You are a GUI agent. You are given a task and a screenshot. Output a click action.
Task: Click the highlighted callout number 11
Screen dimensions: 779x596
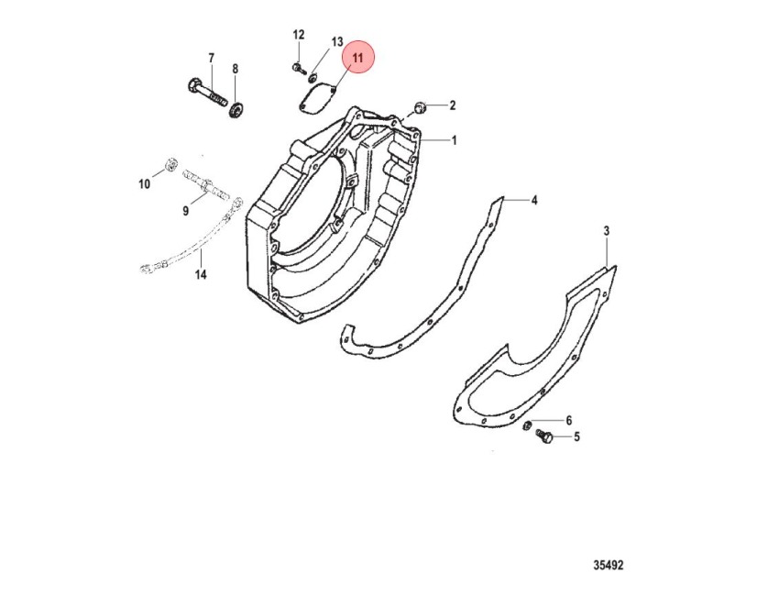[357, 57]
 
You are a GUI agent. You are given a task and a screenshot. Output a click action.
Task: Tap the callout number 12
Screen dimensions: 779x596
[298, 35]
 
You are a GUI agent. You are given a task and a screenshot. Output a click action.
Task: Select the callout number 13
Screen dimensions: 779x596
[337, 41]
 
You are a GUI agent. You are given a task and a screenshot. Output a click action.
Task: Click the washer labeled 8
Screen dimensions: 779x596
[236, 109]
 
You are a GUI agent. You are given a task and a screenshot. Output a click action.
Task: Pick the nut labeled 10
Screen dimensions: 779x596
[170, 164]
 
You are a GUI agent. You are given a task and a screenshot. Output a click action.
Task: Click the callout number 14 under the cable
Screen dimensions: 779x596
[200, 274]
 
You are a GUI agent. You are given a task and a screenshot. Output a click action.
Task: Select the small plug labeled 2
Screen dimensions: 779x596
[421, 107]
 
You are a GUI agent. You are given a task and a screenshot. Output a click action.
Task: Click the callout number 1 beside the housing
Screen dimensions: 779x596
[454, 140]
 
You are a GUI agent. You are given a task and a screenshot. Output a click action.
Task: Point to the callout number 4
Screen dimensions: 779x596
[534, 200]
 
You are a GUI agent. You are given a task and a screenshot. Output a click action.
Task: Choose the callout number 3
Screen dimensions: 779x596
[606, 231]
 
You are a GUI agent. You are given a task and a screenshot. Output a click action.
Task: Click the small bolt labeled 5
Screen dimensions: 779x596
[543, 437]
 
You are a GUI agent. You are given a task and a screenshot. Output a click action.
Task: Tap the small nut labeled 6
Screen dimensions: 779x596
[529, 425]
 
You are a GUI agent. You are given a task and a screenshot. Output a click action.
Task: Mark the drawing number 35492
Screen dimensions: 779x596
[609, 565]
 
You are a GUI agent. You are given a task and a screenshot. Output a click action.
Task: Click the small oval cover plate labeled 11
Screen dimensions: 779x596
[318, 100]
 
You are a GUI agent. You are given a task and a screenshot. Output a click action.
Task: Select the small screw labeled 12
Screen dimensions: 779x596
[299, 68]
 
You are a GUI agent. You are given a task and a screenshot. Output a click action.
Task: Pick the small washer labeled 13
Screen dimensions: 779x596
[313, 78]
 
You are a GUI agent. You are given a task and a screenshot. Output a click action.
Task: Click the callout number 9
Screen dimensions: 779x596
[186, 211]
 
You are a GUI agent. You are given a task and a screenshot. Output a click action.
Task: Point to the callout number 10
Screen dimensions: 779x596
[144, 184]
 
